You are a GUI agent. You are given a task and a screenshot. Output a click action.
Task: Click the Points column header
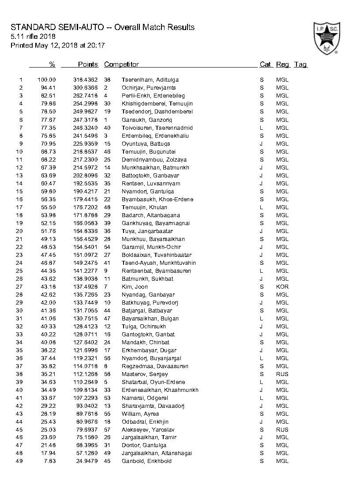[88, 64]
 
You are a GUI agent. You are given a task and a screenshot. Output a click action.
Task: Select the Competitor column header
[121, 64]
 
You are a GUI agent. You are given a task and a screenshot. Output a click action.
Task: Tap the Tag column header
[300, 64]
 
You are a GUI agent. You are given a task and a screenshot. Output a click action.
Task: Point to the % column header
[52, 64]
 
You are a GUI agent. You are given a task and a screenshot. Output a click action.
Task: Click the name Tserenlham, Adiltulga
[150, 80]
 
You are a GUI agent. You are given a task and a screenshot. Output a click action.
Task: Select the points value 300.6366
[85, 88]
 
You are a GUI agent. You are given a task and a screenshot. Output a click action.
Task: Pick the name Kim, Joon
[135, 286]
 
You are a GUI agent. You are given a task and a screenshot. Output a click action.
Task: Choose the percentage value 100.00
[47, 80]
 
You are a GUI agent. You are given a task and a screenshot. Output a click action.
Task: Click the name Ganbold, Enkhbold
[146, 461]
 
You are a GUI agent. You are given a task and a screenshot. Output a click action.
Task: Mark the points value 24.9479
[86, 461]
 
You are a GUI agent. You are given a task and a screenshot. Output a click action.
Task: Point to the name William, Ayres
[138, 414]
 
